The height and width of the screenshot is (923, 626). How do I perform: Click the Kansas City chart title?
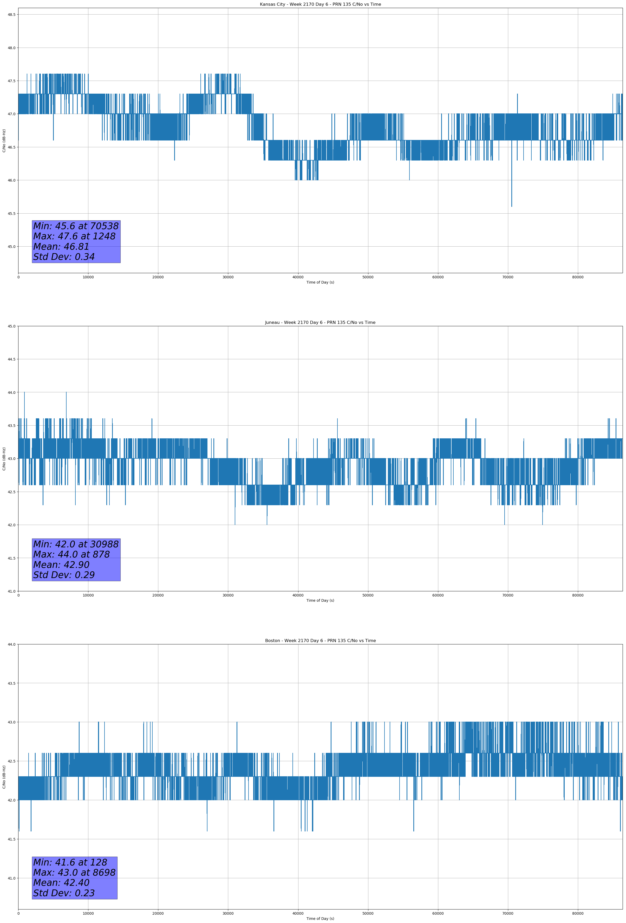click(320, 4)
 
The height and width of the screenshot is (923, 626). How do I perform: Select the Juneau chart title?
click(320, 323)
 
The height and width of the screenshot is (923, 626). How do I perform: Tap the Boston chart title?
click(320, 641)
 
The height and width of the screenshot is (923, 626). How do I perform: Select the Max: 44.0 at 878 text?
click(71, 554)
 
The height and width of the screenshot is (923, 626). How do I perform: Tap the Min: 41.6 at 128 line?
click(70, 862)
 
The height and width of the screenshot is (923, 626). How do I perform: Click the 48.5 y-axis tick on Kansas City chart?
click(11, 15)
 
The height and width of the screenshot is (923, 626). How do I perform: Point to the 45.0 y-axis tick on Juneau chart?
click(11, 326)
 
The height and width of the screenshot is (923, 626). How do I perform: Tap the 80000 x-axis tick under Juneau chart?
click(578, 595)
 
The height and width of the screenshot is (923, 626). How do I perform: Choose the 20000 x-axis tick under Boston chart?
click(158, 913)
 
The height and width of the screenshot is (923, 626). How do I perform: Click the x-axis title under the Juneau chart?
click(320, 600)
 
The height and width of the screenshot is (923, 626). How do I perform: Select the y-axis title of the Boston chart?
click(4, 777)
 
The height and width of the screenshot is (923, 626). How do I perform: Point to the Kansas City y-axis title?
click(4, 140)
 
